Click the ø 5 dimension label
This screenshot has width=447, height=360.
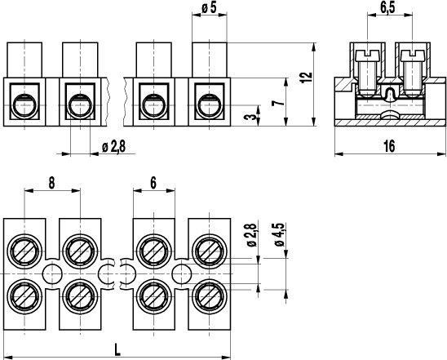pos(209,7)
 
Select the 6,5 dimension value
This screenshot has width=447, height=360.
pos(387,7)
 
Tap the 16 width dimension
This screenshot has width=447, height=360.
pos(389,146)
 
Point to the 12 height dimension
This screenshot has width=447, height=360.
pos(307,78)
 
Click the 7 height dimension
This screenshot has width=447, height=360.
pos(278,101)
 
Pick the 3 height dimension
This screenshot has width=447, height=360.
pos(250,116)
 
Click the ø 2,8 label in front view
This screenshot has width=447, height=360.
pos(113,147)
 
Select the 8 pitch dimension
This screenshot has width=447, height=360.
pos(51,183)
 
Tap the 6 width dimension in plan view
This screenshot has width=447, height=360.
pos(153,183)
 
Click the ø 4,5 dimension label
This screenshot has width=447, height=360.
pos(279,234)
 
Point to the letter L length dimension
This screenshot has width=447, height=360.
pos(117,349)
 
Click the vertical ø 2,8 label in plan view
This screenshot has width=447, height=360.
pos(252,235)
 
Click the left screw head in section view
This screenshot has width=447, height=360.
pos(367,56)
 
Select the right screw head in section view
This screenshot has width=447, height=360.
pos(413,56)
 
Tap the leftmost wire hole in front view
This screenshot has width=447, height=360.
pos(24,106)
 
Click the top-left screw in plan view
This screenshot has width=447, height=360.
pos(24,251)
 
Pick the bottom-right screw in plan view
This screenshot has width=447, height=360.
pos(210,296)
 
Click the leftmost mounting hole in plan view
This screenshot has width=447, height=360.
pos(52,274)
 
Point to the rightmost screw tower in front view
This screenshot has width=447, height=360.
pos(210,60)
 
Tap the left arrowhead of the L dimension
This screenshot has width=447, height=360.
pos(7,358)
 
